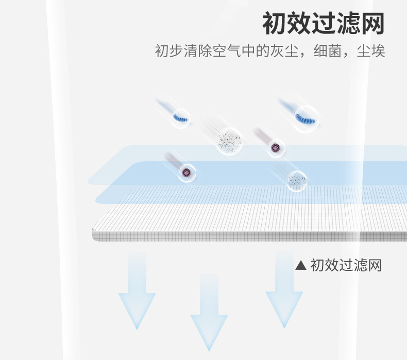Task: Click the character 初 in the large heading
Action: [275, 23]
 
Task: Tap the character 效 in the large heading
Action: [299, 23]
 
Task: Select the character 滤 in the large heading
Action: [348, 23]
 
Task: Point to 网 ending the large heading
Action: [372, 23]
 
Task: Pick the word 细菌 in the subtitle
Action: [328, 50]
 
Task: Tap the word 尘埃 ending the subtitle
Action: [371, 50]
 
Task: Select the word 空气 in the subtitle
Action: [227, 50]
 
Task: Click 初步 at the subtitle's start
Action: [169, 50]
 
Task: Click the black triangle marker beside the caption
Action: [301, 266]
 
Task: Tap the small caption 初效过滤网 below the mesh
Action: [346, 265]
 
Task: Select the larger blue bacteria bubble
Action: [306, 119]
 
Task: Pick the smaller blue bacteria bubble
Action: [181, 118]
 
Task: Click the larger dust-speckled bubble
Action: [229, 141]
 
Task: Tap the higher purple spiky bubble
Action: [276, 148]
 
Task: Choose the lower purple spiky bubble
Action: [186, 173]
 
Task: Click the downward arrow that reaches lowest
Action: [209, 312]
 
